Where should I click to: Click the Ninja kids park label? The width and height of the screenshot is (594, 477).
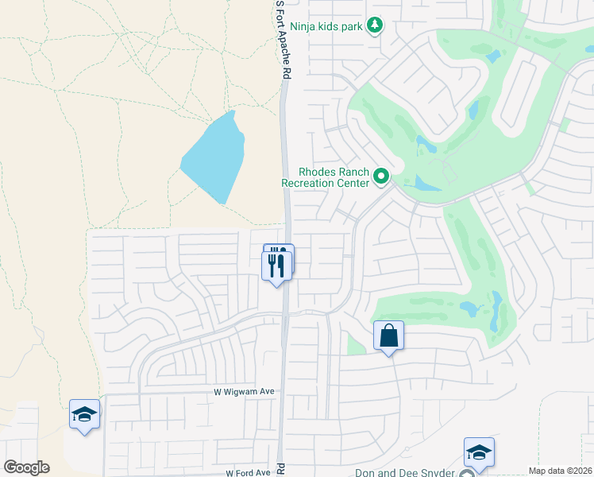(326, 26)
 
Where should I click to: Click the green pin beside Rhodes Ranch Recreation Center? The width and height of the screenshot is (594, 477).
(381, 176)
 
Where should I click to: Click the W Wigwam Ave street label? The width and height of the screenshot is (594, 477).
(244, 392)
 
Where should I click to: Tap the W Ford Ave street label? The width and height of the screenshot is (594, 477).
(249, 473)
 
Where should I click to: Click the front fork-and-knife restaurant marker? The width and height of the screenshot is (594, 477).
(276, 266)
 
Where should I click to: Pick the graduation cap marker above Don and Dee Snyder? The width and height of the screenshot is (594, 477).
(479, 452)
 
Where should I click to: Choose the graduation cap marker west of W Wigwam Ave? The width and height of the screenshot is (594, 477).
(85, 414)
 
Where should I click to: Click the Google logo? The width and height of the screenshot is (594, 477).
(27, 467)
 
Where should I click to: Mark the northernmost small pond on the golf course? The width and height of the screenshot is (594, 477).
(495, 56)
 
